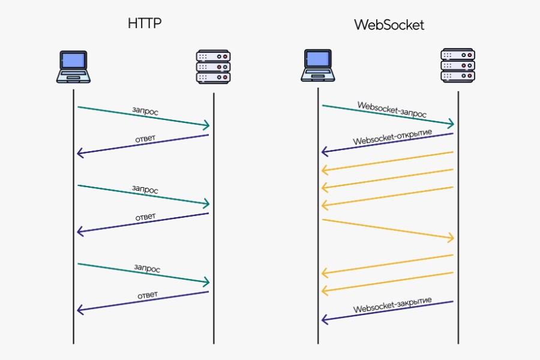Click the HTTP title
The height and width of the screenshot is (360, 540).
145,24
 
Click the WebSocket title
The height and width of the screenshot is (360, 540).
389,25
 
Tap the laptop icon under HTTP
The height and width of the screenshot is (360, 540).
73,67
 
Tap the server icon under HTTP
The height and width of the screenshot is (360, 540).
213,67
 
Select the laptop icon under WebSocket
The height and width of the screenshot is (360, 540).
317,65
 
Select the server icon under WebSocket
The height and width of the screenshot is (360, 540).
458,65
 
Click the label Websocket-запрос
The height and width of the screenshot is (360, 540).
392,109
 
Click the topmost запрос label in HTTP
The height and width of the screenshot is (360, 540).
145,111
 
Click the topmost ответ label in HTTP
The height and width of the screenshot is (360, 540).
145,139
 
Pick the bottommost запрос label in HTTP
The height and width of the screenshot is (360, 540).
146,268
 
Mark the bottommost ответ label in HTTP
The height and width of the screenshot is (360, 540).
147,295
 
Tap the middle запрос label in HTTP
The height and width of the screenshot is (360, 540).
145,189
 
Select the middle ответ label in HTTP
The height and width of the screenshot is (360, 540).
146,217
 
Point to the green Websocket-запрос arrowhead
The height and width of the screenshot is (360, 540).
451,124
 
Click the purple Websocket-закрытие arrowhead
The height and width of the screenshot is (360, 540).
325,319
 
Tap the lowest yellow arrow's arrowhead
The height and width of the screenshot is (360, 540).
325,291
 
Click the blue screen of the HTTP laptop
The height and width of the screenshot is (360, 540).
73,61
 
